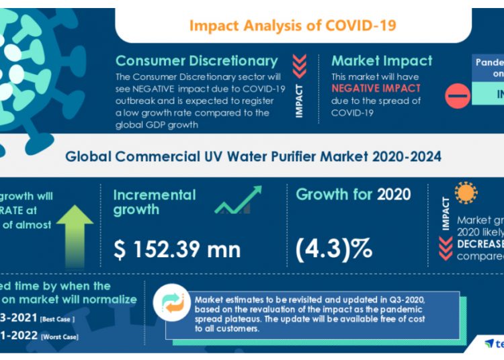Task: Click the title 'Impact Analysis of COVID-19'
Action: (x=292, y=26)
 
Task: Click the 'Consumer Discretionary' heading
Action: (x=196, y=61)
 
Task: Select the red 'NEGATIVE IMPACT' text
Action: (x=376, y=89)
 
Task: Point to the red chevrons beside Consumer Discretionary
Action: (x=300, y=66)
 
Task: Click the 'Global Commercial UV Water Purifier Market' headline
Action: (x=253, y=156)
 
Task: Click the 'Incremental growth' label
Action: (x=155, y=202)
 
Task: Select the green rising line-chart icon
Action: (x=238, y=201)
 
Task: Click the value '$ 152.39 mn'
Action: (x=177, y=249)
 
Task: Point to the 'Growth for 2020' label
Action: (x=353, y=195)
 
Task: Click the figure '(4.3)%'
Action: (x=334, y=249)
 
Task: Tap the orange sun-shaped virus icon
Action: (x=464, y=193)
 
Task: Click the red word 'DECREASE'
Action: (x=480, y=244)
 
